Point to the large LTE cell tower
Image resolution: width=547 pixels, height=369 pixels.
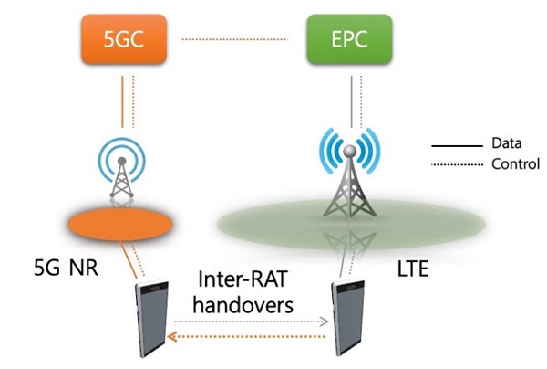pos(350,174)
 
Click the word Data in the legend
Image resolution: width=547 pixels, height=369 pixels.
pos(506,143)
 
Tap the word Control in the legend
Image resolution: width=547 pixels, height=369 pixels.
pos(512,164)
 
